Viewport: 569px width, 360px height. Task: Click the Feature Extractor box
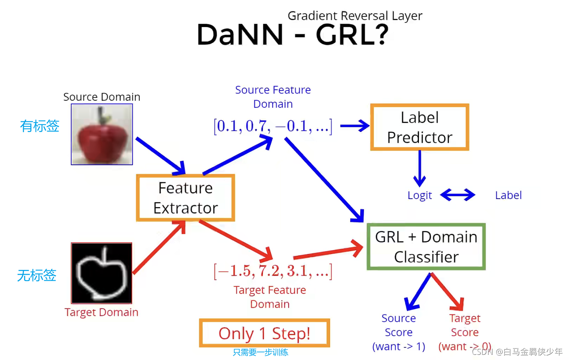tap(185, 198)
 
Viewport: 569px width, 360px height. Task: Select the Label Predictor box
tap(419, 127)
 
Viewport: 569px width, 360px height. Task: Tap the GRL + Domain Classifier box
tap(426, 247)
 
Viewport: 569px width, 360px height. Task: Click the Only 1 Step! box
tap(264, 333)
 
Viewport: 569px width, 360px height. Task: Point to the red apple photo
tap(102, 134)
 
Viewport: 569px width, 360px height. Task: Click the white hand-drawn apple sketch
tap(102, 273)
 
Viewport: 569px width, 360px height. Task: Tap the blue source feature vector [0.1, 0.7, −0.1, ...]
tap(273, 127)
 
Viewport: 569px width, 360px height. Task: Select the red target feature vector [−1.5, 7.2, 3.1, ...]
tap(273, 271)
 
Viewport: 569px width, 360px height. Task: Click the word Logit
tap(419, 196)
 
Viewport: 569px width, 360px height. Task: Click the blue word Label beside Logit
tap(508, 196)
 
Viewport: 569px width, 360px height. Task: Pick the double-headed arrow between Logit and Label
tap(458, 195)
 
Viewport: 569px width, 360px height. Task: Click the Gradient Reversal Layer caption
tap(355, 16)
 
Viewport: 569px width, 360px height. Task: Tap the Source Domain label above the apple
tap(102, 97)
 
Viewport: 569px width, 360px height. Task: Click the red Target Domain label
tap(102, 312)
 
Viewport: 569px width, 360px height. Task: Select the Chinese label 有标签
tap(39, 126)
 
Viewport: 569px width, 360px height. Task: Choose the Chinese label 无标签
tap(37, 275)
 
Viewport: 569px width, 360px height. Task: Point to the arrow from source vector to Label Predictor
tap(355, 126)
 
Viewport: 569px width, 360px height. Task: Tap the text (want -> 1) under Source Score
tap(399, 346)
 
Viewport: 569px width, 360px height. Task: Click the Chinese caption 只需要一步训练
tap(260, 353)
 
